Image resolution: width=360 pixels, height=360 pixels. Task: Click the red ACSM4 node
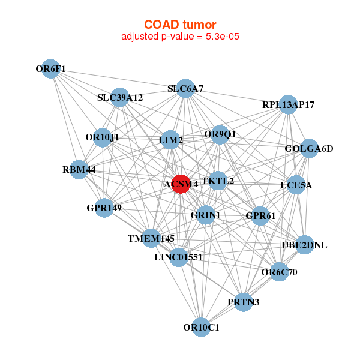coord(181,184)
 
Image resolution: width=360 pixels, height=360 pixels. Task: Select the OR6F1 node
coord(51,69)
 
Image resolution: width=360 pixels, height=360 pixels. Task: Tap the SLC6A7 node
coord(185,89)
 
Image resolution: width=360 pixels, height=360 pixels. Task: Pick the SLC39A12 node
coord(119,97)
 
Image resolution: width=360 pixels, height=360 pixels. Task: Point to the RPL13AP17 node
coord(288,104)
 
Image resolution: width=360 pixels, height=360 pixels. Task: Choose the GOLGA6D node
coord(309,148)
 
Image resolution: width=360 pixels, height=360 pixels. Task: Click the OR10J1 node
coord(103,137)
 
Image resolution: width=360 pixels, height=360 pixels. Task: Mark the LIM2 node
coord(170,140)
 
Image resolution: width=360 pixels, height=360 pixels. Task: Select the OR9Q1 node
coord(220,135)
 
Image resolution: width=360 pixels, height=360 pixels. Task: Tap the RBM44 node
coord(79,169)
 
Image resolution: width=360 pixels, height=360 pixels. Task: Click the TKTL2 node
coord(218,181)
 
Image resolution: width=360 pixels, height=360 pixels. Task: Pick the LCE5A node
coord(296,185)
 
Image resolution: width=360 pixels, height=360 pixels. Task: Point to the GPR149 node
coord(104,208)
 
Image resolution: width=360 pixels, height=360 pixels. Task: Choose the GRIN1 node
coord(205,215)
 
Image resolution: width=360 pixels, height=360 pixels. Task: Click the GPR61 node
coord(260,216)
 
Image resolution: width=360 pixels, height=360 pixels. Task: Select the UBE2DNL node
coord(304,245)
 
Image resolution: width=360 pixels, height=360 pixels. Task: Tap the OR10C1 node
coord(201,327)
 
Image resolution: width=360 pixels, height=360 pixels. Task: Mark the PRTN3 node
coord(244,302)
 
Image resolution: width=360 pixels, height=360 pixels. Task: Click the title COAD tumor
coord(180,25)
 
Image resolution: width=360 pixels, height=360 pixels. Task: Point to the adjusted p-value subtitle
coord(180,37)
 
